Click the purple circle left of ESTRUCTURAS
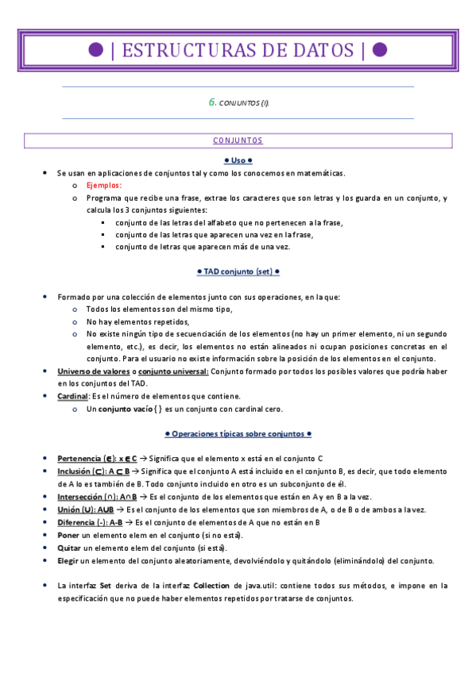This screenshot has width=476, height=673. [x=96, y=50]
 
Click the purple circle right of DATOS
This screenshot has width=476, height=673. [x=380, y=50]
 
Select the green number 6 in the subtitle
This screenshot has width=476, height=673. [x=212, y=102]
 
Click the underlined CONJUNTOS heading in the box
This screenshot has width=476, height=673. [x=238, y=140]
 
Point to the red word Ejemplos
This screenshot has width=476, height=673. [x=105, y=185]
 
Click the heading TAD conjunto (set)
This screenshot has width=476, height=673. [x=238, y=271]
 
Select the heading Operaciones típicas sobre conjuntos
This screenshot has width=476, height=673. [x=238, y=434]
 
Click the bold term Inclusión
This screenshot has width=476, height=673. [x=75, y=471]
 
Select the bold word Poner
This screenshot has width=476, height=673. [x=69, y=535]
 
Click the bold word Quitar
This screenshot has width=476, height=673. [x=69, y=548]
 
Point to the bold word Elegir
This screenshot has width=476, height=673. [x=68, y=560]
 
